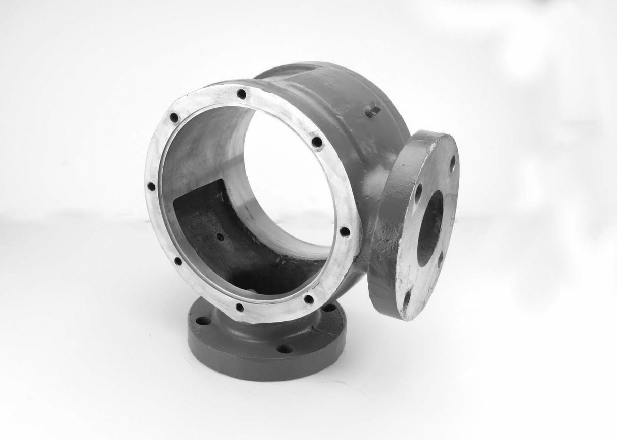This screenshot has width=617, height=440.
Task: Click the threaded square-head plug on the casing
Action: click(372, 110)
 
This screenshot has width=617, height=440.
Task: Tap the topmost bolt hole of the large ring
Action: click(241, 94)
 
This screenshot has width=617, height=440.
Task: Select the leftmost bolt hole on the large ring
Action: click(151, 186)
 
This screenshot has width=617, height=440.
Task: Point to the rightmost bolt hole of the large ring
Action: click(345, 232)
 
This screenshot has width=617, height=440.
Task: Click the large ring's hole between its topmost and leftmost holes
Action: click(174, 118)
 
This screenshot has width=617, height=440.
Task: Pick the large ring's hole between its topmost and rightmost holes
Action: click(317, 142)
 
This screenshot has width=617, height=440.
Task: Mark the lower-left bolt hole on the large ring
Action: click(178, 262)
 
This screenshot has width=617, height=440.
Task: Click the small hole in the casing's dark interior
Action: click(219, 236)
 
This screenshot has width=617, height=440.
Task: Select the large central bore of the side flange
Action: click(430, 228)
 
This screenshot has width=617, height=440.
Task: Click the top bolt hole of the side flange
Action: click(452, 163)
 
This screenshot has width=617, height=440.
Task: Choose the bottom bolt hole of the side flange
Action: click(407, 298)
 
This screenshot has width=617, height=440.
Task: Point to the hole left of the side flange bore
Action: click(418, 193)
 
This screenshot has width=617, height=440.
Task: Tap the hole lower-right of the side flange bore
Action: click(440, 259)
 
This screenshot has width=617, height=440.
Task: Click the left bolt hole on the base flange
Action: click(203, 321)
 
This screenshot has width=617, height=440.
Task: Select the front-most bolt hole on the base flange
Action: click(285, 349)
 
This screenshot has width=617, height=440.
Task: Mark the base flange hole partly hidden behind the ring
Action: click(328, 308)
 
